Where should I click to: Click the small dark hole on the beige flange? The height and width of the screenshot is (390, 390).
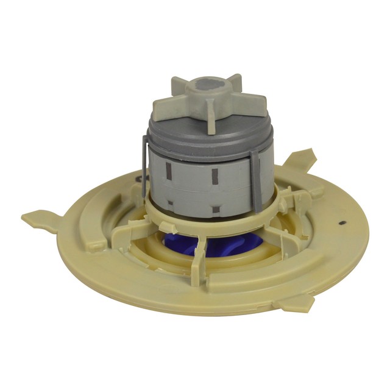click(x=345, y=222)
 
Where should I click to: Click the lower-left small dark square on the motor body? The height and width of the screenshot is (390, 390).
click(x=171, y=202)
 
